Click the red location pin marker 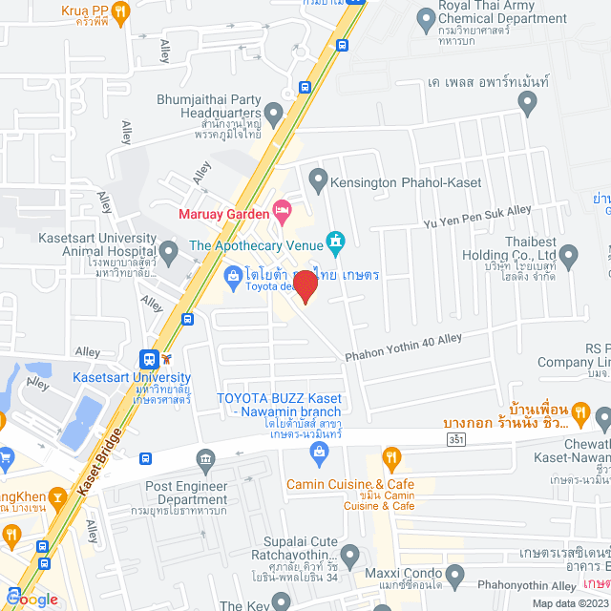click(305, 285)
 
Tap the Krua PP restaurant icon click(120, 11)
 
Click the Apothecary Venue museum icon click(335, 242)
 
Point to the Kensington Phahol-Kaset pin click(318, 179)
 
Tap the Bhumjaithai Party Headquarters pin click(274, 115)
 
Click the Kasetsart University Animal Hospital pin click(169, 253)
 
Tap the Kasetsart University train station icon click(149, 359)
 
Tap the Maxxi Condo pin click(455, 575)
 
